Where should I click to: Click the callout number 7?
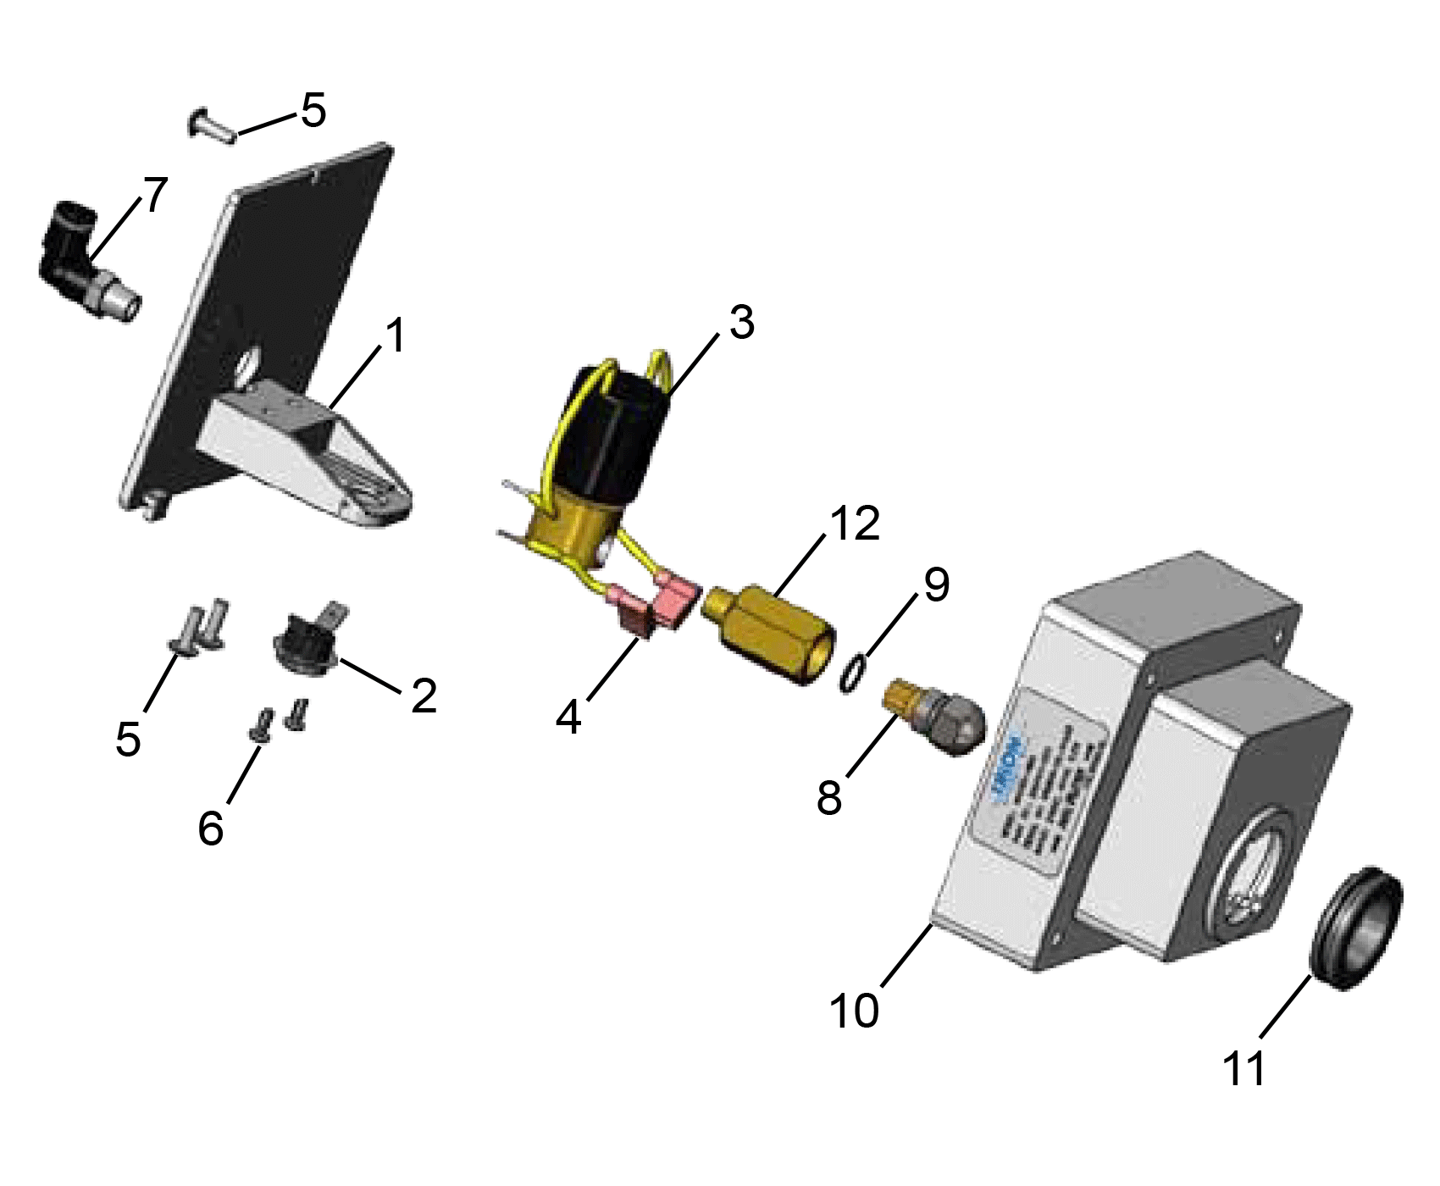155,195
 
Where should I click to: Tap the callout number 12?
855,524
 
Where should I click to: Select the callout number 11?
1243,1069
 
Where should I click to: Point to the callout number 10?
854,1010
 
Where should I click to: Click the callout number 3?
741,323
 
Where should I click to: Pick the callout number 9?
936,585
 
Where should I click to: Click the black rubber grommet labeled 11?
1355,928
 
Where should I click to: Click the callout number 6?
211,827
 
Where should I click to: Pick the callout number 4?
568,718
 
